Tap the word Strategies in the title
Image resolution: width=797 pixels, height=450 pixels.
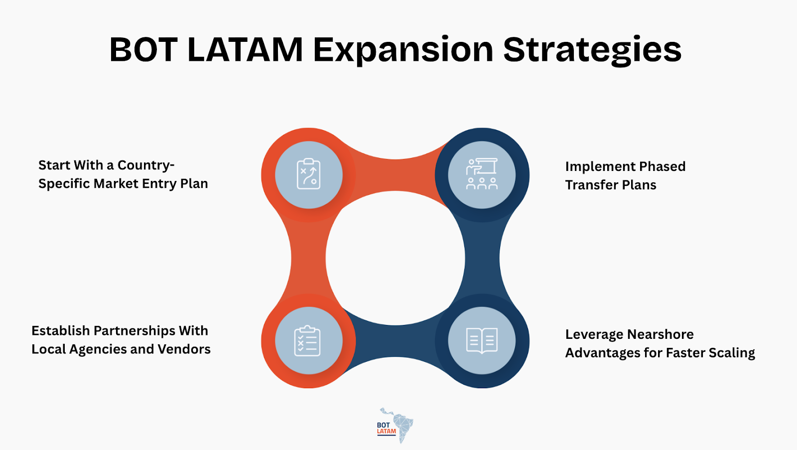point(592,50)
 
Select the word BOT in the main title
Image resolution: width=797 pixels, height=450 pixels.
point(143,50)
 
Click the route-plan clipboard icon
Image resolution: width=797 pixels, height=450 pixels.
point(309,174)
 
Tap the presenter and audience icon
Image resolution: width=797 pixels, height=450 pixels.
point(482,174)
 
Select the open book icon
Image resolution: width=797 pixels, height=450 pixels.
point(482,341)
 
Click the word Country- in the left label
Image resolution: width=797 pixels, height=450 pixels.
point(146,165)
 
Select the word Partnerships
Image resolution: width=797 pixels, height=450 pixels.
point(134,331)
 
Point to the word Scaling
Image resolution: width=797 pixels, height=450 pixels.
point(732,353)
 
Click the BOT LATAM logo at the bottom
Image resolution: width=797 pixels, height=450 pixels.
point(395,426)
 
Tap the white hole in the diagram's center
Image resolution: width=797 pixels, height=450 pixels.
point(395,258)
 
